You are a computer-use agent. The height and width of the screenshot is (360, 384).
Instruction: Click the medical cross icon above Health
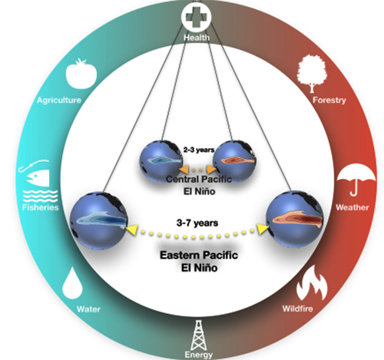pyautogui.click(x=197, y=17)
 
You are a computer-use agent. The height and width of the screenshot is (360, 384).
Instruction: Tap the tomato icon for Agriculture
pyautogui.click(x=81, y=74)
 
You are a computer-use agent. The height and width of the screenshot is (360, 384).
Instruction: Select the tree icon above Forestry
pyautogui.click(x=312, y=74)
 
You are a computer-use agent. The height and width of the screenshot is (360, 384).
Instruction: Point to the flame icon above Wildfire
pyautogui.click(x=312, y=283)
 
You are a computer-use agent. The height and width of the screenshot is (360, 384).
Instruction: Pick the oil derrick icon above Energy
pyautogui.click(x=198, y=335)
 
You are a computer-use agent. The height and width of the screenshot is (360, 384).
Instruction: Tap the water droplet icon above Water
pyautogui.click(x=72, y=283)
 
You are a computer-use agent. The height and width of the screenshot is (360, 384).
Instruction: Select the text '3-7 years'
pyautogui.click(x=197, y=223)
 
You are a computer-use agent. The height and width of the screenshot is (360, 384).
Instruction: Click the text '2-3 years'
pyautogui.click(x=199, y=150)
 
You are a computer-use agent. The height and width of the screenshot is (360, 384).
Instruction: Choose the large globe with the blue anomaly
pyautogui.click(x=99, y=220)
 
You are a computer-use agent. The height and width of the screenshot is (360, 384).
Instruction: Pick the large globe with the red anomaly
pyautogui.click(x=295, y=219)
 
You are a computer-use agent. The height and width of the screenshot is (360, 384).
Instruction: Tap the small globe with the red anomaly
pyautogui.click(x=234, y=161)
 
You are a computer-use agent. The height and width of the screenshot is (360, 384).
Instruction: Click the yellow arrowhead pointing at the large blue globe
pyautogui.click(x=132, y=230)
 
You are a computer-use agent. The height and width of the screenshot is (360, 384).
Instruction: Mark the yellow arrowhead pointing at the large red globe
pyautogui.click(x=263, y=229)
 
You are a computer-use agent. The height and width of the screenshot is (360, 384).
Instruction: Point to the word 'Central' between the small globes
pyautogui.click(x=181, y=179)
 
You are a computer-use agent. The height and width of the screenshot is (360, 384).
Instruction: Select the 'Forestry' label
pyautogui.click(x=329, y=100)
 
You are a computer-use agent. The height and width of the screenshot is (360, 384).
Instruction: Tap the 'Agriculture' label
pyautogui.click(x=59, y=100)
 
